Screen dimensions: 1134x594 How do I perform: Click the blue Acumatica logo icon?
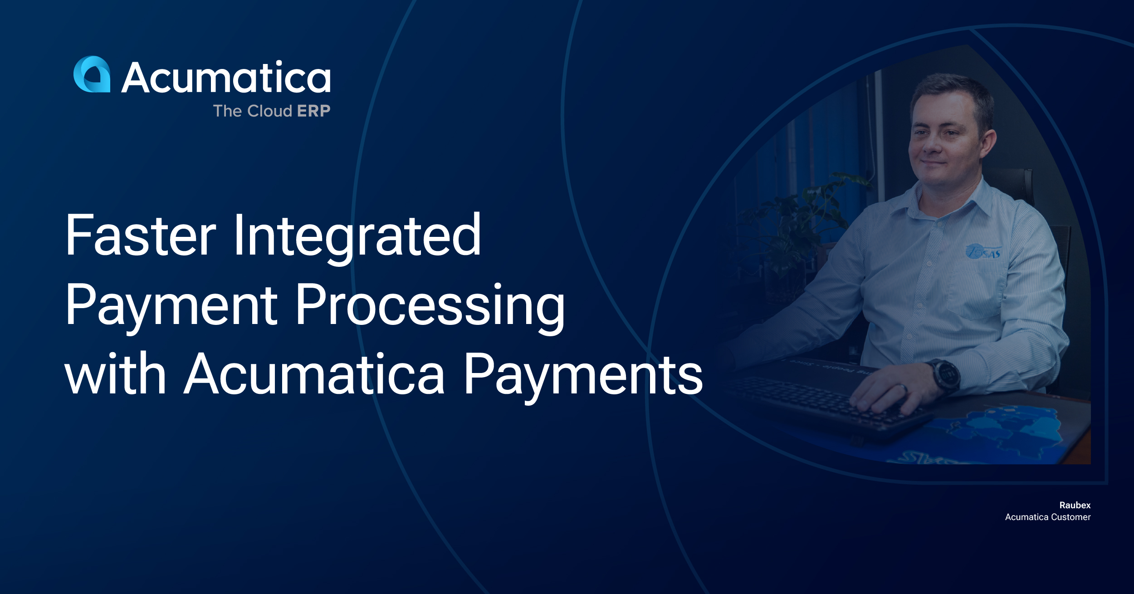[x=92, y=74]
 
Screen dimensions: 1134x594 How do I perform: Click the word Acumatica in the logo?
[x=226, y=77]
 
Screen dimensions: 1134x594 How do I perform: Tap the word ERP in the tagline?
[x=313, y=111]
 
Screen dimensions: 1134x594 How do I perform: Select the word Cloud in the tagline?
[x=269, y=111]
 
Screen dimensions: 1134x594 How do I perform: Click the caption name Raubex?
[x=1075, y=505]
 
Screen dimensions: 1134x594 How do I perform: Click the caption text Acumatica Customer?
[x=1048, y=517]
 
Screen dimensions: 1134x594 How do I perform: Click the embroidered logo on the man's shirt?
[x=982, y=251]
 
